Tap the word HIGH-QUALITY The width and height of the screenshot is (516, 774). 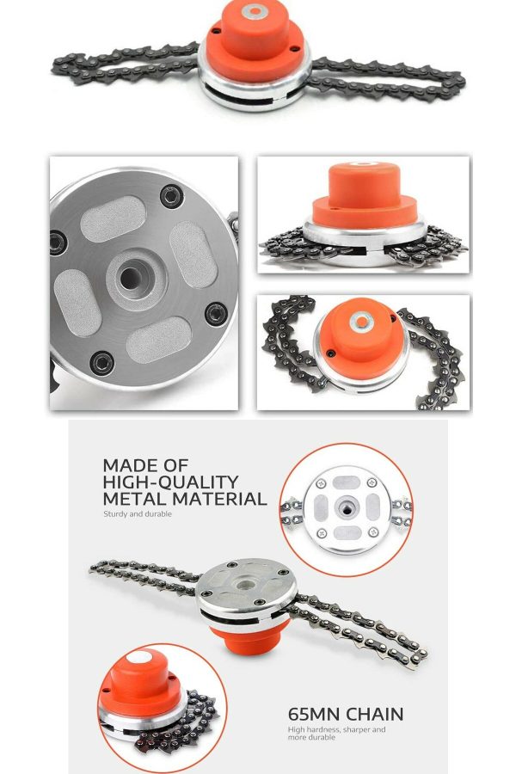click(x=170, y=482)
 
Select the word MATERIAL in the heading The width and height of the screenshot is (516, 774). click(x=219, y=499)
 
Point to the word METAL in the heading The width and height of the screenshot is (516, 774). click(x=135, y=499)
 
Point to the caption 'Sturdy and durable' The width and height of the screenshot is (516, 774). click(x=138, y=514)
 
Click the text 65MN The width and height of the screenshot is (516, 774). click(x=314, y=715)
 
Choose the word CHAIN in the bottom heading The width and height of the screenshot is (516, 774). click(x=374, y=715)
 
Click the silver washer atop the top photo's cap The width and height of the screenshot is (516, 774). click(x=255, y=10)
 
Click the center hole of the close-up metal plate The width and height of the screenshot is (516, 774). click(x=130, y=279)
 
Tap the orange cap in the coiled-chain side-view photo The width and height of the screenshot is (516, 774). click(x=365, y=195)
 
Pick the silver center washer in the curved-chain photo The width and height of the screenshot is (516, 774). click(x=362, y=322)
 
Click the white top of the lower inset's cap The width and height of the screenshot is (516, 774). click(x=139, y=657)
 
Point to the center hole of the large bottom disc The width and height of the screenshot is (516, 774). click(x=243, y=586)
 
